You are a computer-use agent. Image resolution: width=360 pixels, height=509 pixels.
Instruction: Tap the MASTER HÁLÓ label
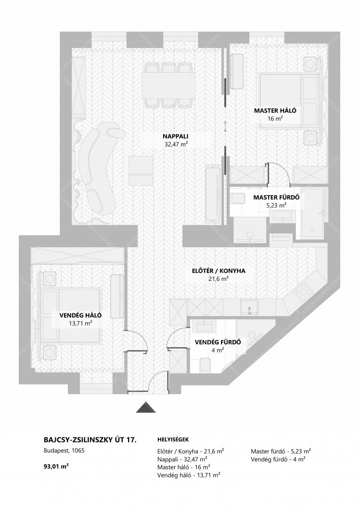(x=275, y=110)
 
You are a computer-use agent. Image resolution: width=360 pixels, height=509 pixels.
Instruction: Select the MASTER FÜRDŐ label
(x=276, y=197)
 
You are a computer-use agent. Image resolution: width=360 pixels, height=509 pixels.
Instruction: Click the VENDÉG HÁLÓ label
(x=81, y=315)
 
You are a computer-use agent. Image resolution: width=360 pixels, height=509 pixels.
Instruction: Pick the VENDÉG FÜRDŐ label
(x=218, y=342)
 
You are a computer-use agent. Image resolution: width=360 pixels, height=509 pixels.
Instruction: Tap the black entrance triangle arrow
(x=146, y=407)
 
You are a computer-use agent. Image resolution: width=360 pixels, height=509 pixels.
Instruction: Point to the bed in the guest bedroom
(x=71, y=315)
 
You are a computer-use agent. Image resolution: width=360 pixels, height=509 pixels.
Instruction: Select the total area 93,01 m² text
(x=56, y=467)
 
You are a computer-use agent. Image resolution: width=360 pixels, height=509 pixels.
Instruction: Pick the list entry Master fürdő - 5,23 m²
(x=281, y=451)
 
